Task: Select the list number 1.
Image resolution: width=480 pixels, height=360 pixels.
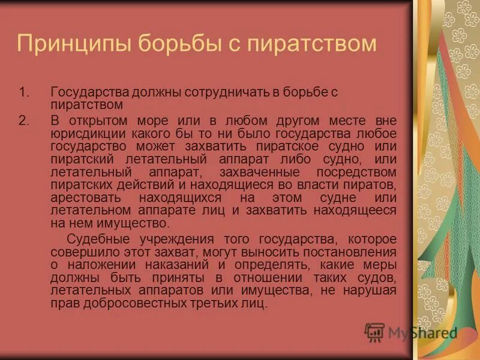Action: [x=23, y=93]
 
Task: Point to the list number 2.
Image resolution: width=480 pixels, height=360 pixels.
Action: [x=23, y=120]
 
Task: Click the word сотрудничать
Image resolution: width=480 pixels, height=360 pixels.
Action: [x=229, y=93]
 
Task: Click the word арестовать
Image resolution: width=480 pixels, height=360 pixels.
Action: [x=87, y=197]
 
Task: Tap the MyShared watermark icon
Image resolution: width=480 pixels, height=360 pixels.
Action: [x=374, y=332]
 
